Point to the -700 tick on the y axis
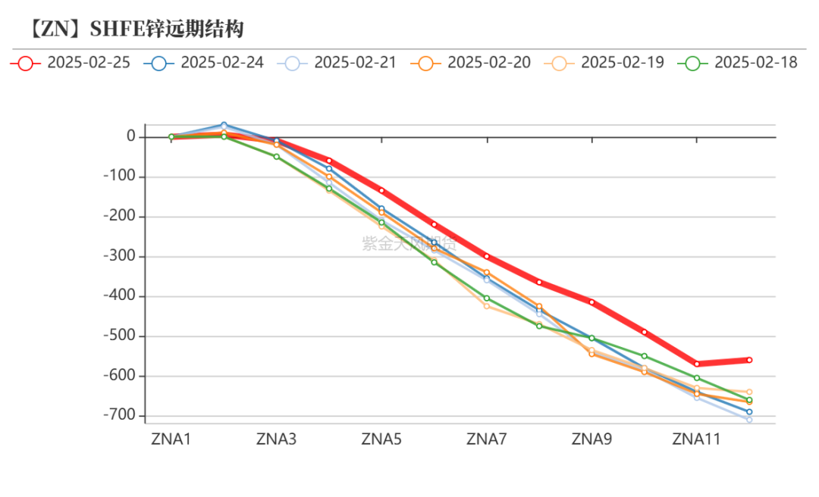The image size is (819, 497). click(121, 415)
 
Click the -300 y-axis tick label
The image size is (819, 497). click(121, 256)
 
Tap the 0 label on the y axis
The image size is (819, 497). click(131, 136)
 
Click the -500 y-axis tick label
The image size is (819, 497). click(121, 336)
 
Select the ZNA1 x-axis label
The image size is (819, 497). click(171, 439)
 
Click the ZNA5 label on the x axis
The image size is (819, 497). click(381, 439)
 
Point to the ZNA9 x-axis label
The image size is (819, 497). click(591, 439)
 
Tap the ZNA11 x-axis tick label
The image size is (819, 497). click(697, 439)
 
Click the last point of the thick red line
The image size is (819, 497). click(749, 360)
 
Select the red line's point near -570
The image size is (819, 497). click(697, 364)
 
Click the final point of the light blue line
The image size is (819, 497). click(749, 420)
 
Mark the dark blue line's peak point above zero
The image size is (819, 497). click(224, 125)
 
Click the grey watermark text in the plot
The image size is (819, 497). click(409, 243)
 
